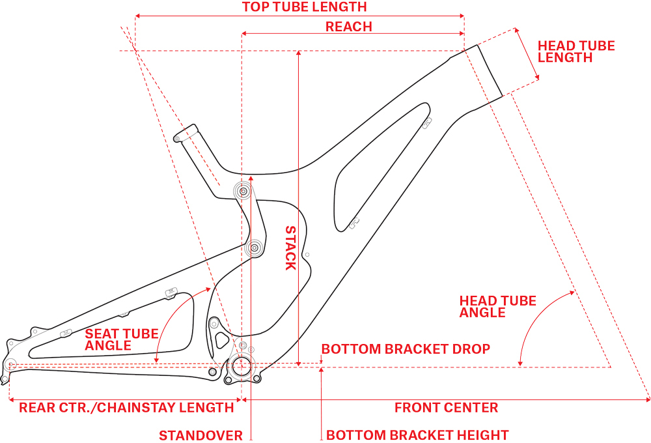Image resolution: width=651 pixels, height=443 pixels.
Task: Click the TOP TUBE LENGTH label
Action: click(x=304, y=7)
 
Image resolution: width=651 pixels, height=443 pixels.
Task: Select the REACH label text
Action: click(x=348, y=27)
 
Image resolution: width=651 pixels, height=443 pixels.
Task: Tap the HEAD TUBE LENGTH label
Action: click(x=575, y=51)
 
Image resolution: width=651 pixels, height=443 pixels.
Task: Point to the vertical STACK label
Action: click(x=290, y=248)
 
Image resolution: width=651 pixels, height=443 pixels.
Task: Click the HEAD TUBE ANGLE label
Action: click(x=497, y=306)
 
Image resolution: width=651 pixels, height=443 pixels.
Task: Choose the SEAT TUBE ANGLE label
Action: click(x=121, y=339)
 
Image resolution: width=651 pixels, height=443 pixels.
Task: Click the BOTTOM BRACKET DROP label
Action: click(x=406, y=349)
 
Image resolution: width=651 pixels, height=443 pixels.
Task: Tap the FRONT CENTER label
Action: click(x=446, y=408)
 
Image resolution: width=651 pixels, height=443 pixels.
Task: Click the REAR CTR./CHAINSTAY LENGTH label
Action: click(x=126, y=408)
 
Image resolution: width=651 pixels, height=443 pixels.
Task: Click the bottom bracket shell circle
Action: click(x=242, y=366)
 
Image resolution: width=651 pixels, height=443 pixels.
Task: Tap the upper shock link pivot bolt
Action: click(x=245, y=192)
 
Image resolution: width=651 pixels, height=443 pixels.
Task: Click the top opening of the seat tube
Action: click(x=185, y=132)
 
